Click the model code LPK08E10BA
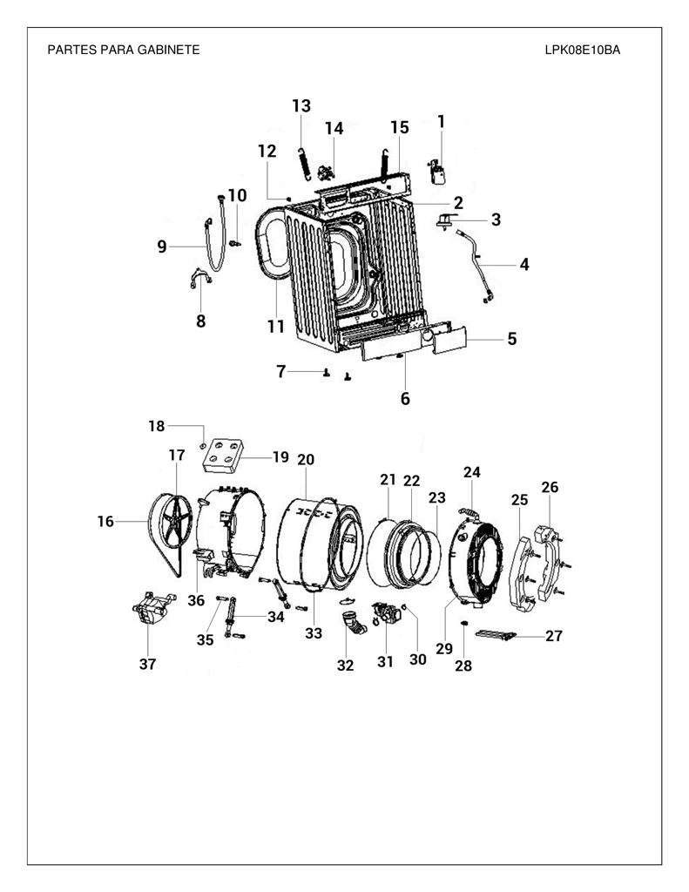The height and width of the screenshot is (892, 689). tap(582, 50)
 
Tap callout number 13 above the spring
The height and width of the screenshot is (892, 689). tap(301, 105)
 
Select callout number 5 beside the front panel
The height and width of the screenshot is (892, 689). tap(512, 339)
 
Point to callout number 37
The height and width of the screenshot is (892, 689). tap(147, 663)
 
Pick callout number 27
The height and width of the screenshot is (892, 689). tap(554, 635)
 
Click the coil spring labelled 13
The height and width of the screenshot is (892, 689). tap(304, 163)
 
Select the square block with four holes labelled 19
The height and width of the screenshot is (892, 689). tap(222, 455)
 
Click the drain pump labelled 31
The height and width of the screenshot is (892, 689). tap(385, 612)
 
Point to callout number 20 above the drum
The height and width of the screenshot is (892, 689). tap(306, 460)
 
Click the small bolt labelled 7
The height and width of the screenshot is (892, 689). tap(327, 373)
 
